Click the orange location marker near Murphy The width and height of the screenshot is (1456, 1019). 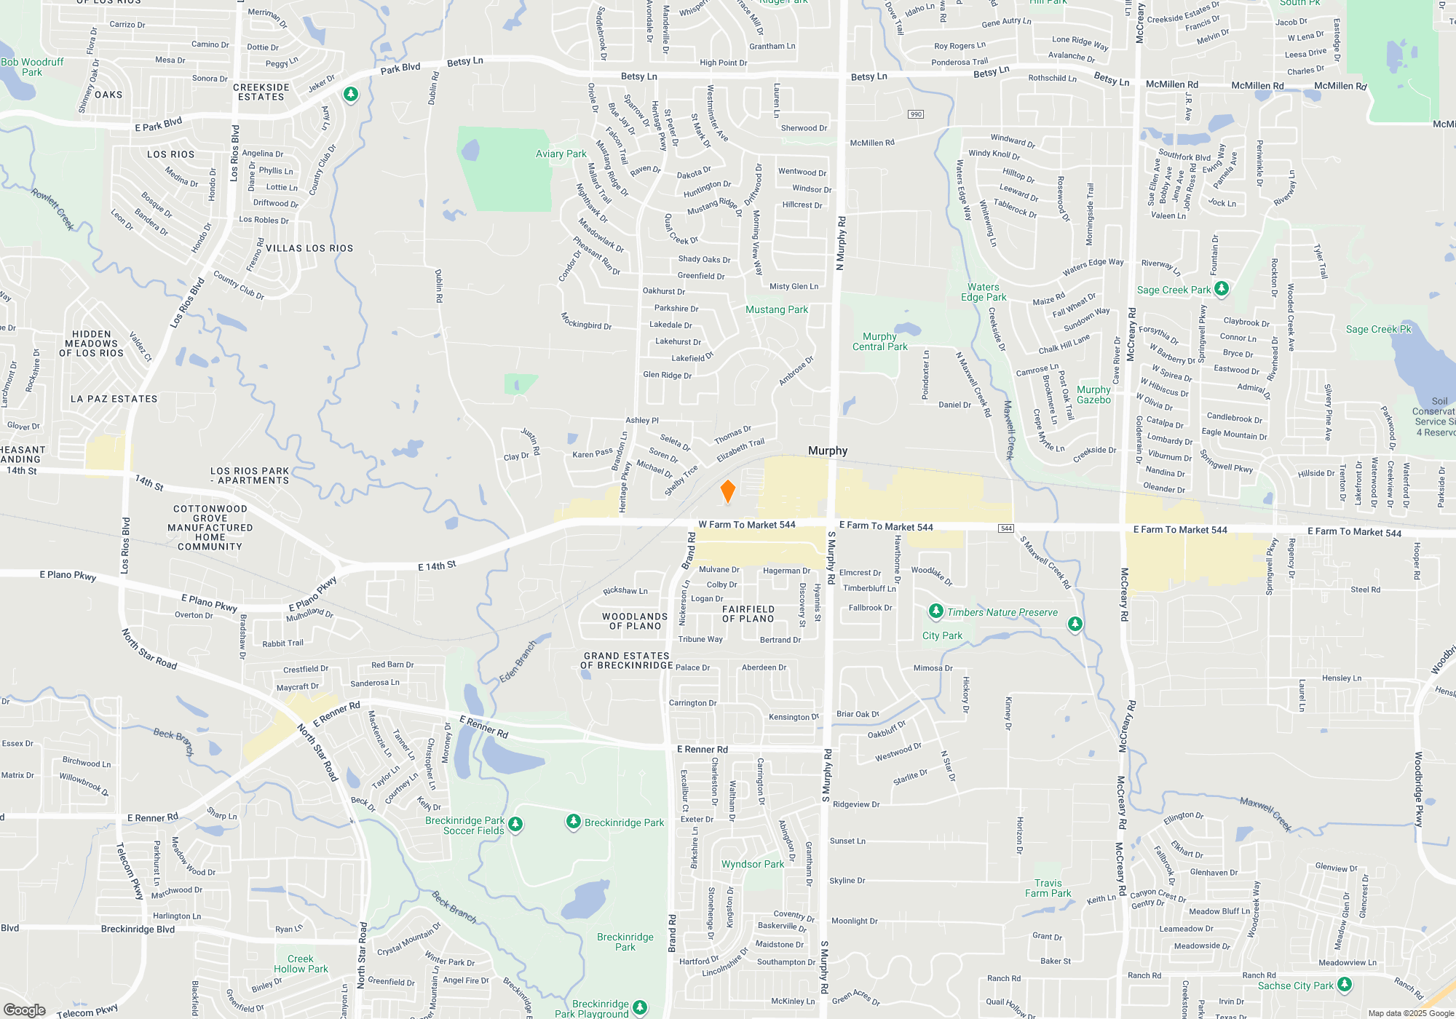point(727,491)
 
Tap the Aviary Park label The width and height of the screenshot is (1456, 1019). point(561,154)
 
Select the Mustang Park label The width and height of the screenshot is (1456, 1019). point(776,309)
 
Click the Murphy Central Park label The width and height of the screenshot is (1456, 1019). point(879,341)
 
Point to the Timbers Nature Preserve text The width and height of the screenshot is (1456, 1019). point(1002,612)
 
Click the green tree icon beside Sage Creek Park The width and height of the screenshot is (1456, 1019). point(1222,288)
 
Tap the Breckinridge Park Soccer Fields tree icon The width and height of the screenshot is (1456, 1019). point(515,824)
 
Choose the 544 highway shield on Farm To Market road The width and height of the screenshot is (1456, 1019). point(1006,528)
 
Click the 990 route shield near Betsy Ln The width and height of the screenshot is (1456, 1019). point(916,114)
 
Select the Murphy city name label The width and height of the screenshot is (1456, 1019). point(828,451)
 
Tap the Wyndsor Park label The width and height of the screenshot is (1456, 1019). point(753,864)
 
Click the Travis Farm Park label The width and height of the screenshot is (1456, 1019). point(1048,888)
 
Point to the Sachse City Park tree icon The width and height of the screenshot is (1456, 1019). point(1345,984)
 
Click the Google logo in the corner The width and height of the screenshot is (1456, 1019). point(25,1010)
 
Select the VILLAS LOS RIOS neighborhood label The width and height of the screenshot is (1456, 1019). point(309,248)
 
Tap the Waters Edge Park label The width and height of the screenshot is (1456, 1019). point(984,292)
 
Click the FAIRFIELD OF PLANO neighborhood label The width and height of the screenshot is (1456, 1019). point(748,614)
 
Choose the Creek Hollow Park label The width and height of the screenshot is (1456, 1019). point(301,964)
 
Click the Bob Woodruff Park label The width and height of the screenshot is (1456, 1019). point(32,67)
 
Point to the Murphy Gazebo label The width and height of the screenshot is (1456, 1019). point(1093,394)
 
